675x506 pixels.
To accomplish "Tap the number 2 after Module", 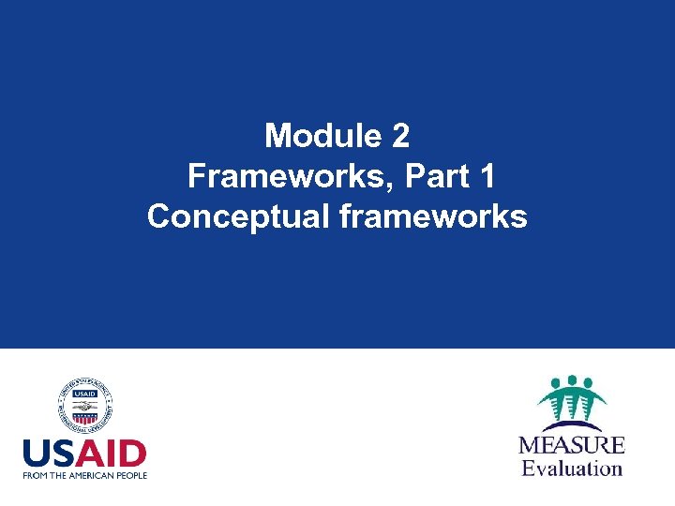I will pyautogui.click(x=400, y=136).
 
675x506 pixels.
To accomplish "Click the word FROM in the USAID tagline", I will pyautogui.click(x=37, y=475).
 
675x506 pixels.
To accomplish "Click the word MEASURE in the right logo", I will pyautogui.click(x=572, y=444).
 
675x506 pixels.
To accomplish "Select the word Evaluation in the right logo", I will pyautogui.click(x=572, y=467).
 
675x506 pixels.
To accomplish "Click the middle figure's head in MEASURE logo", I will pyautogui.click(x=571, y=380).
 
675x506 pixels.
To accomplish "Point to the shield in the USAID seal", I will pyautogui.click(x=85, y=409).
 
